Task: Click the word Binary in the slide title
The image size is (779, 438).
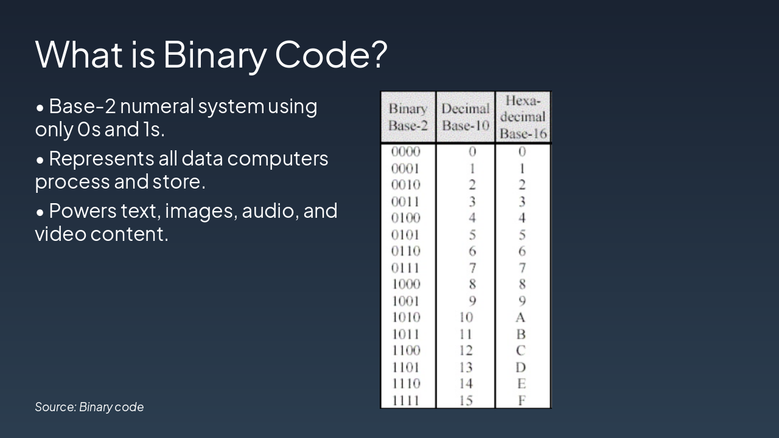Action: pos(215,55)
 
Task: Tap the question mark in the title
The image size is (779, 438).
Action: pos(377,54)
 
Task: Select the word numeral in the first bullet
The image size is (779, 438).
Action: pos(156,106)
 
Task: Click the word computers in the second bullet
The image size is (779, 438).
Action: pos(278,159)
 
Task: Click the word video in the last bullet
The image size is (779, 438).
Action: pos(60,234)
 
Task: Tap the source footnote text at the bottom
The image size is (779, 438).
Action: pos(89,407)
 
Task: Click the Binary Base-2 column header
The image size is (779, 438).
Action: pos(408,117)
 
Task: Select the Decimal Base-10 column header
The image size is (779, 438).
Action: pos(466,117)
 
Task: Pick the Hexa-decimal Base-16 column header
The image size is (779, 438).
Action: pos(523,117)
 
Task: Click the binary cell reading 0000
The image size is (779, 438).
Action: pos(405,151)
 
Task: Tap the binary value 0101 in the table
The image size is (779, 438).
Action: pos(405,235)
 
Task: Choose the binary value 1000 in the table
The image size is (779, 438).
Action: pos(406,284)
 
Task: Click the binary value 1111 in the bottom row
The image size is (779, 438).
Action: pos(405,400)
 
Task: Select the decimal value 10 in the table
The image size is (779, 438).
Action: pos(466,317)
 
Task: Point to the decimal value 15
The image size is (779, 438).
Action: pos(466,400)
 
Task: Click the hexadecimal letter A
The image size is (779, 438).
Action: pos(520,318)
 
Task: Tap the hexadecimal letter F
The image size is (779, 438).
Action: pos(522,400)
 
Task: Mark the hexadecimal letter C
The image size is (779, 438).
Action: pos(520,350)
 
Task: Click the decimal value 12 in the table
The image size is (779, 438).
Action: pos(466,350)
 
